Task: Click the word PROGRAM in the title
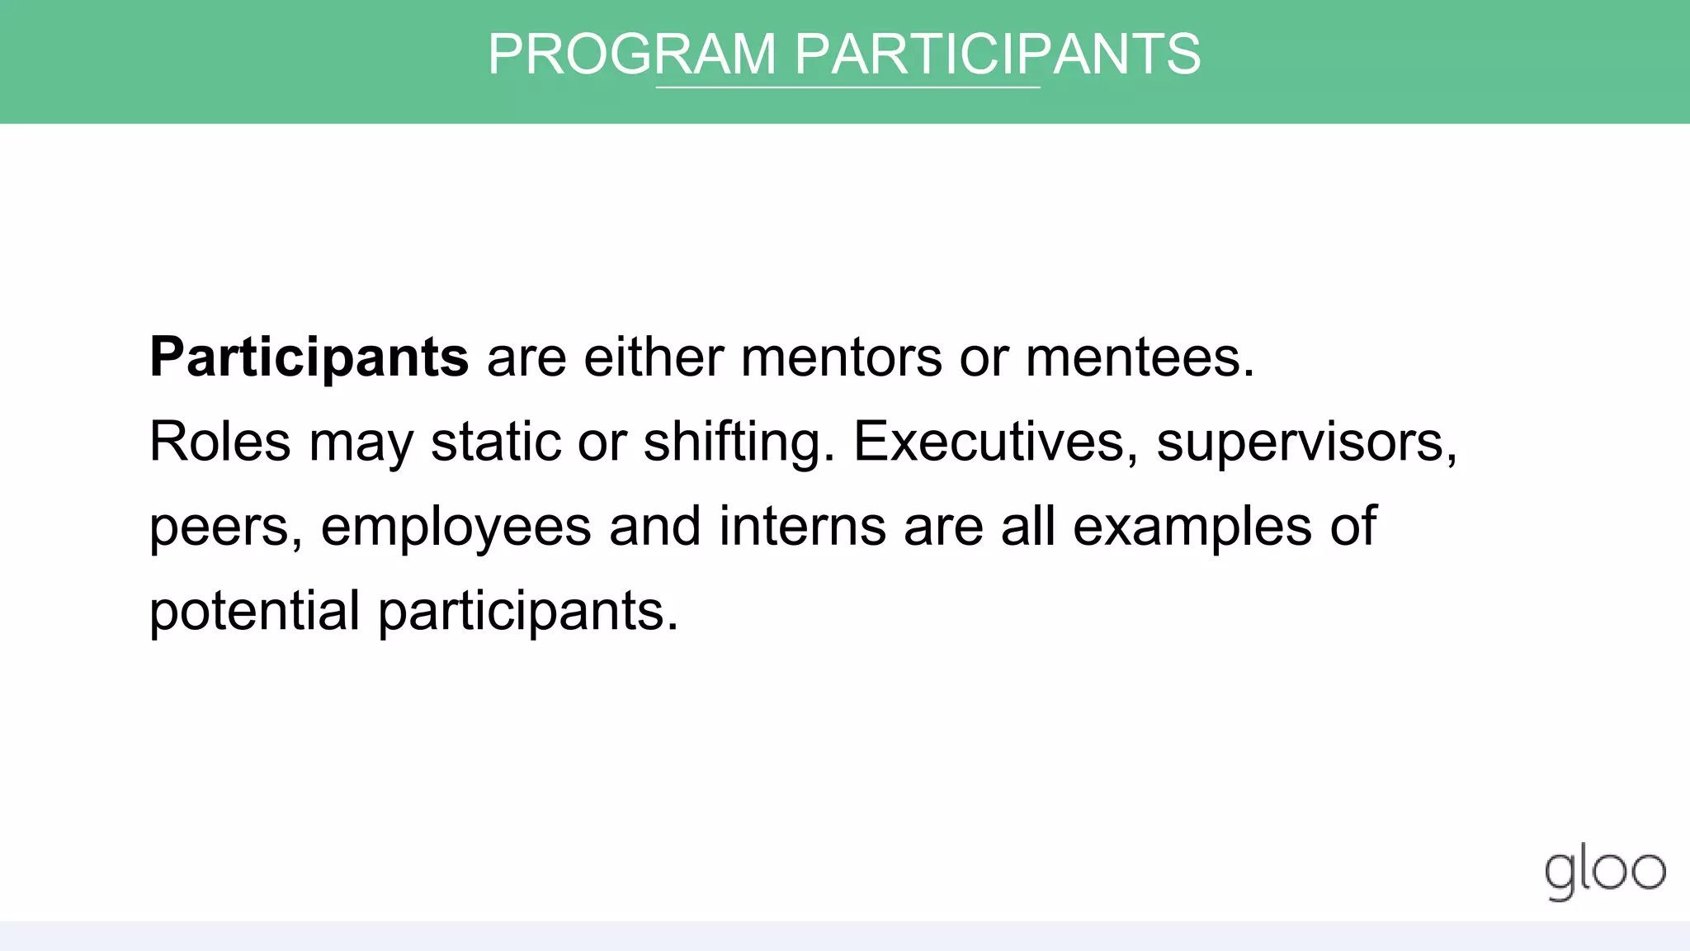click(631, 54)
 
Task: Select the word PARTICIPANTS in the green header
click(997, 54)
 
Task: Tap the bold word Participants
click(309, 357)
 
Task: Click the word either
click(653, 357)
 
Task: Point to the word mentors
click(841, 357)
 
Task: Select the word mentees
click(1140, 357)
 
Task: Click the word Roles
click(220, 442)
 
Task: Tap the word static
click(495, 442)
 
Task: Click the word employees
click(456, 527)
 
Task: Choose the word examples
click(1192, 527)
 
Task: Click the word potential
click(254, 611)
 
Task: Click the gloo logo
click(1605, 873)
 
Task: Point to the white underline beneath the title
click(847, 87)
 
